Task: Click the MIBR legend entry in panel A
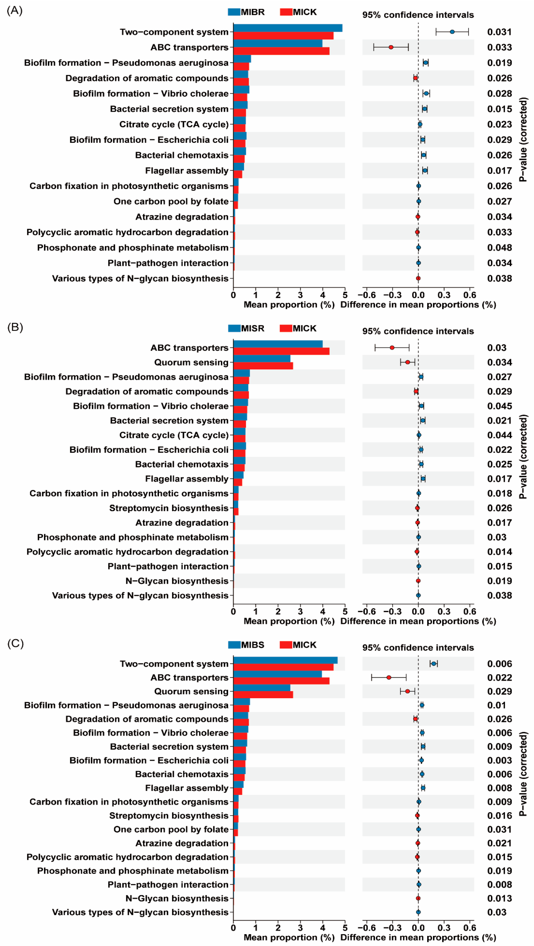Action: [246, 12]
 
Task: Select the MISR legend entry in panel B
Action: [246, 328]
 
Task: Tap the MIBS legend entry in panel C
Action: [246, 645]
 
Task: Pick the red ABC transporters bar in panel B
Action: [281, 351]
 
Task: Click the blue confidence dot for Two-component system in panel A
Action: [452, 32]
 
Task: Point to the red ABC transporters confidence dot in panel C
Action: [389, 678]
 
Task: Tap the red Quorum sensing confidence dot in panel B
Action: [407, 362]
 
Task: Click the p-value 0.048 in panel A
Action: [499, 248]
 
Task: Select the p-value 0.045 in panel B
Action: [499, 406]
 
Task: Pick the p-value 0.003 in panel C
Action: [499, 760]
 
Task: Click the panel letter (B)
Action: [15, 327]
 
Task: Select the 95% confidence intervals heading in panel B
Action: [418, 331]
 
